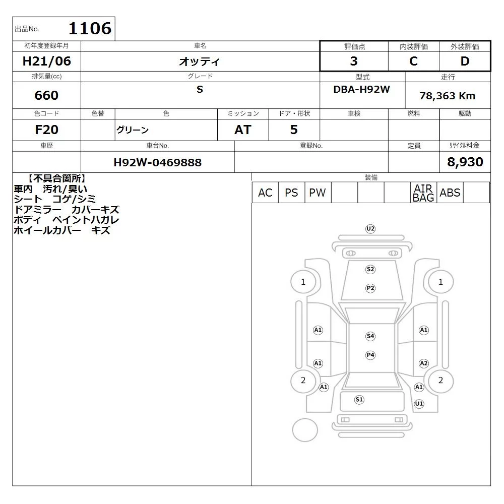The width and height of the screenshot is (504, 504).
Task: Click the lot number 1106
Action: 90,28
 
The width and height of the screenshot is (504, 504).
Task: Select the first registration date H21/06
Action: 46,61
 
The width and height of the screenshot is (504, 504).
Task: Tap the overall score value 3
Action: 354,61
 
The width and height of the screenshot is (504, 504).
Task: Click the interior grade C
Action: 413,61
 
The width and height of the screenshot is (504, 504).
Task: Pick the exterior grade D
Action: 465,61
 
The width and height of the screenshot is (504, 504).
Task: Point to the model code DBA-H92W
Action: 361,89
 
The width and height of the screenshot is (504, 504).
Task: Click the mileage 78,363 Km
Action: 447,96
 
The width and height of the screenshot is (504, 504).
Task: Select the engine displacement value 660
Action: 46,95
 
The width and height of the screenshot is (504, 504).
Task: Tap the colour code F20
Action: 46,130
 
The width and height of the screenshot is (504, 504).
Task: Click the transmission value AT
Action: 243,130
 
